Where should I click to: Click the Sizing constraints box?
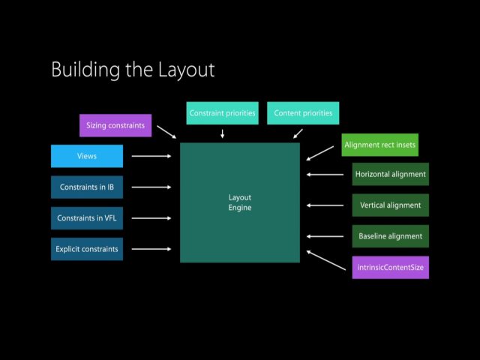pos(115,125)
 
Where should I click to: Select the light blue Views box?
pos(87,156)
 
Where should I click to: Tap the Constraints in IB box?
pos(87,187)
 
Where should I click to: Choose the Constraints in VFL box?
pos(87,218)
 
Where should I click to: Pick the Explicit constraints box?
pos(87,249)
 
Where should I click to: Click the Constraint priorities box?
pos(223,113)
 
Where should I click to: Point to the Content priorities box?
pos(303,113)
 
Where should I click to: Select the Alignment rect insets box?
pos(379,144)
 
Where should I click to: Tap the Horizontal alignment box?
pos(390,174)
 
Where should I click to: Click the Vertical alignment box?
pos(390,205)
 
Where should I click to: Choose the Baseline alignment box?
pos(390,236)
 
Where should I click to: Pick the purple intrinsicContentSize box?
pos(390,267)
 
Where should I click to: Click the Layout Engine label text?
pos(240,202)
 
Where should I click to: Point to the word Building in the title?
pos(81,70)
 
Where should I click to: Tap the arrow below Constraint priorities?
pos(222,133)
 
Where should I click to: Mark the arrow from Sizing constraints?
pos(166,132)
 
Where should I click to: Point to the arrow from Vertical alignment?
pos(325,205)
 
